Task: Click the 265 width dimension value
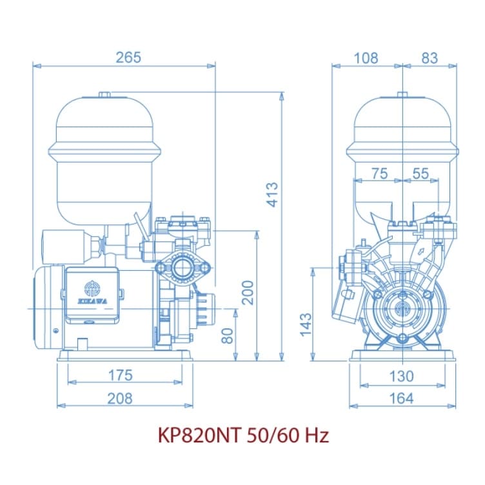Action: [128, 57]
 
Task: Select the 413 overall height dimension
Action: [273, 195]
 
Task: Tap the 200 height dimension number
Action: [248, 293]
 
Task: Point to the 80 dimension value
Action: [228, 336]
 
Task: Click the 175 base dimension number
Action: [121, 375]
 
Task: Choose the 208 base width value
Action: [120, 399]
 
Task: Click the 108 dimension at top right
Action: [366, 58]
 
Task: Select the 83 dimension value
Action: [430, 58]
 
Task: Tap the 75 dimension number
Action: [379, 173]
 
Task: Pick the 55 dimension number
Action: [421, 173]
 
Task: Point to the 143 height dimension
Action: [306, 324]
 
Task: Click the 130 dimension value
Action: [401, 377]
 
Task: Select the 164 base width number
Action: [401, 399]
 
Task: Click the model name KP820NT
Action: [199, 435]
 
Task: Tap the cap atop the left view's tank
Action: [104, 95]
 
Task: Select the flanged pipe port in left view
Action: [183, 268]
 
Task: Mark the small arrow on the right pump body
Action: [421, 251]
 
